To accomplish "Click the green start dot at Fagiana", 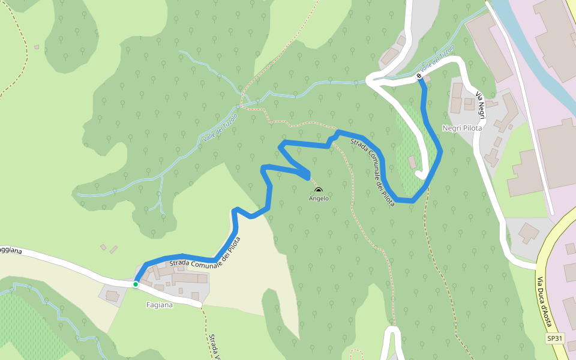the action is [x=136, y=284].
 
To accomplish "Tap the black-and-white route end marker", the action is [x=418, y=76].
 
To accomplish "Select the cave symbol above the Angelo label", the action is [x=318, y=190].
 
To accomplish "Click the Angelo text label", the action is [x=319, y=198].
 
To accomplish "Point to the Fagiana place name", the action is [x=160, y=305].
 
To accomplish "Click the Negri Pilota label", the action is [x=463, y=128].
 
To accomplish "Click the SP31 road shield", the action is [x=555, y=338].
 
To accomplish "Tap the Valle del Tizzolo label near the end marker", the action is [x=437, y=57].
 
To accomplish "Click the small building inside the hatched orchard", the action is [x=412, y=162].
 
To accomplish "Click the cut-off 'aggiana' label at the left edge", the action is [x=11, y=250].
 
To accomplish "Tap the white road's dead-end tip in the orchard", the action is [x=419, y=175].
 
